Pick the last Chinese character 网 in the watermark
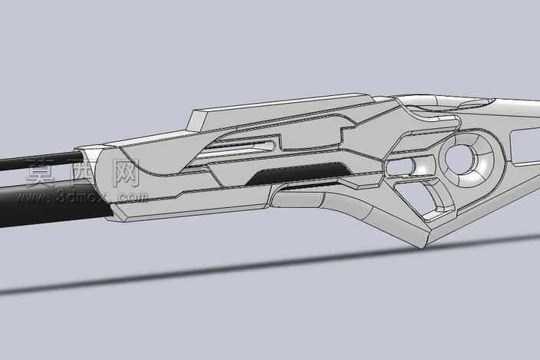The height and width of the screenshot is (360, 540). (124, 173)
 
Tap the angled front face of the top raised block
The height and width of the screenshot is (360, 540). (197, 122)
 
